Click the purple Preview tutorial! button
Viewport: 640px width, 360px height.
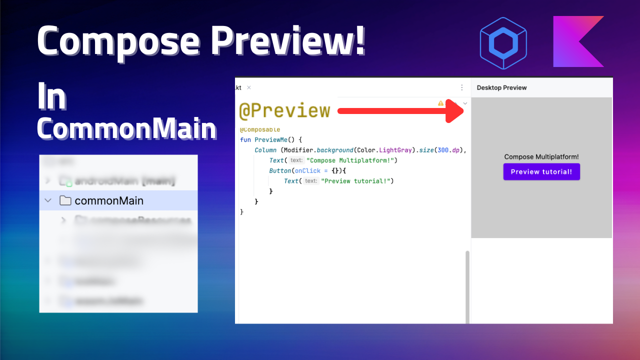pyautogui.click(x=541, y=171)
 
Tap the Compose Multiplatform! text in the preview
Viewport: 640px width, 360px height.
pyautogui.click(x=541, y=157)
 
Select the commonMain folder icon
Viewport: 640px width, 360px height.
pyautogui.click(x=65, y=200)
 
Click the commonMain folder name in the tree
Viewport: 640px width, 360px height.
pyautogui.click(x=109, y=200)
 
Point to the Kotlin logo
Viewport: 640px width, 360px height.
pyautogui.click(x=578, y=41)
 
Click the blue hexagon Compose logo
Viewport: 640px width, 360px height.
pyautogui.click(x=503, y=43)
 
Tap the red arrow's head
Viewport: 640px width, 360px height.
pyautogui.click(x=455, y=110)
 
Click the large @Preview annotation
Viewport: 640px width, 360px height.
pyautogui.click(x=284, y=110)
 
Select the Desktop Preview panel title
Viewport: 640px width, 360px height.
pyautogui.click(x=501, y=87)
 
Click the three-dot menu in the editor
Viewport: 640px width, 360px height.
pyautogui.click(x=462, y=87)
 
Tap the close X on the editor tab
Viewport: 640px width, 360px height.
pyautogui.click(x=249, y=87)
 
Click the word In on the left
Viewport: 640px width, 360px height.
pyautogui.click(x=51, y=98)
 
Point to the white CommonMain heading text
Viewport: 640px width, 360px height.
pyautogui.click(x=127, y=129)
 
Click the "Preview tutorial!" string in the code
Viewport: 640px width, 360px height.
pyautogui.click(x=357, y=181)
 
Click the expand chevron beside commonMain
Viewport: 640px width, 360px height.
pyautogui.click(x=48, y=200)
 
